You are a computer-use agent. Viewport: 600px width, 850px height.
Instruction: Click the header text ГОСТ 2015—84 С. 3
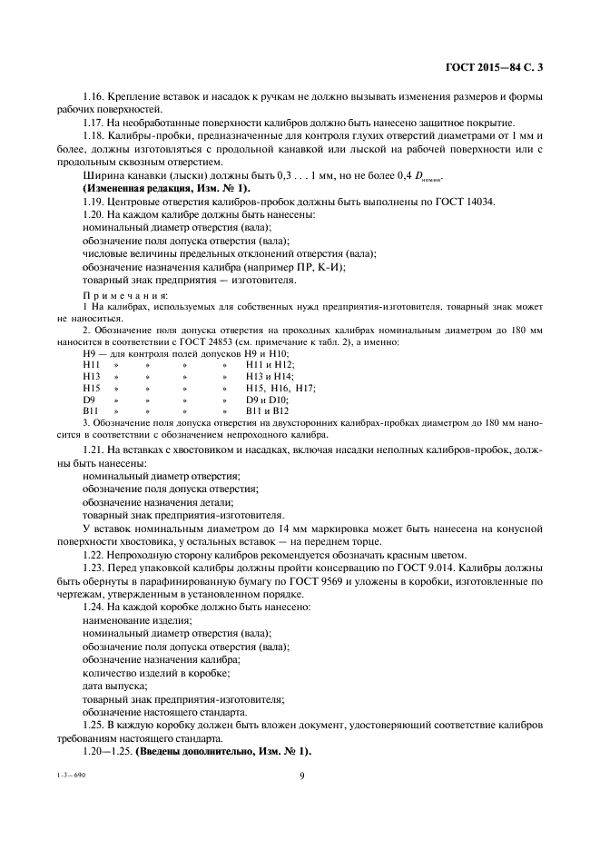tap(500, 66)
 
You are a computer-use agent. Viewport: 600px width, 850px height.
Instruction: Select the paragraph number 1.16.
tap(94, 97)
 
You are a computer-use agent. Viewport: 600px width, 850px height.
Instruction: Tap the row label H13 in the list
tap(91, 376)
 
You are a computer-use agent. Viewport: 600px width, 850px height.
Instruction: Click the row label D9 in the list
tap(89, 400)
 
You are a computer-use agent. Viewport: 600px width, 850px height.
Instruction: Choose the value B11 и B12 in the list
tap(266, 411)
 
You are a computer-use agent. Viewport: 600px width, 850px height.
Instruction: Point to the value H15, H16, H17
tap(280, 388)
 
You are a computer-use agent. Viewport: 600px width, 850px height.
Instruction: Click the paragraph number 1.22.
tap(94, 555)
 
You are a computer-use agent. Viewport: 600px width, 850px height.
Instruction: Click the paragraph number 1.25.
tap(94, 725)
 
